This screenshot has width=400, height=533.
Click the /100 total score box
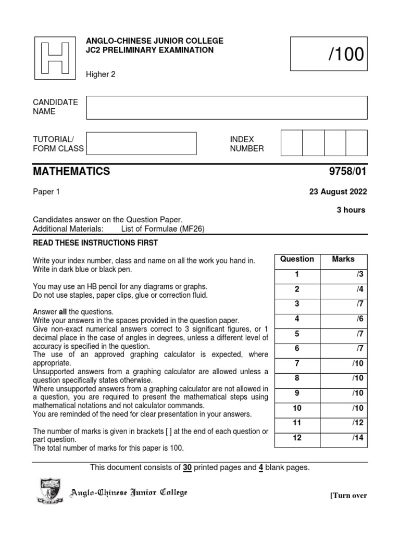click(329, 54)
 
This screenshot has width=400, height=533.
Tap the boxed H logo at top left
click(55, 57)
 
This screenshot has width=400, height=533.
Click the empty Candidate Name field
click(227, 107)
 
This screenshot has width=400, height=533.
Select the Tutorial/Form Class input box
click(141, 144)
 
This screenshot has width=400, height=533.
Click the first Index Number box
click(291, 143)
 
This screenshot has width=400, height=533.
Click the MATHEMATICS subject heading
click(71, 171)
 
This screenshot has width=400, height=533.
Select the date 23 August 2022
click(338, 192)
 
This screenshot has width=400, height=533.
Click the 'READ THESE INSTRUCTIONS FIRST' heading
click(95, 243)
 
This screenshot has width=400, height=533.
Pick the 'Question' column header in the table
click(297, 259)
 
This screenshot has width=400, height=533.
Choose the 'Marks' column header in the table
click(343, 259)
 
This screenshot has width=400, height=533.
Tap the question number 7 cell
click(297, 363)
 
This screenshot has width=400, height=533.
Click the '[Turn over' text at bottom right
click(348, 496)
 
